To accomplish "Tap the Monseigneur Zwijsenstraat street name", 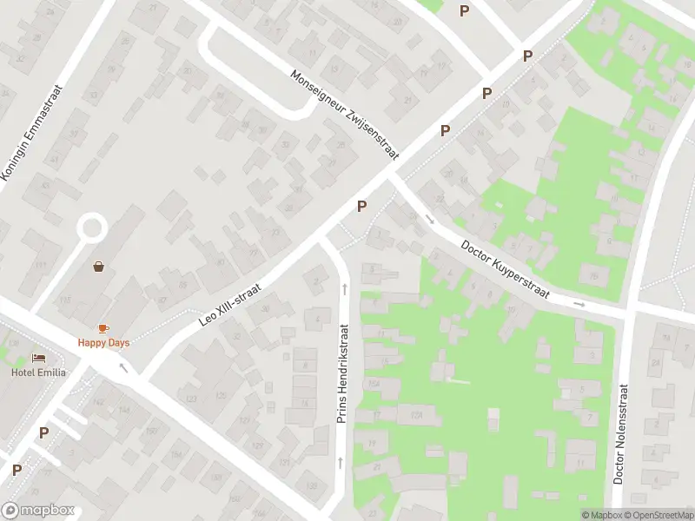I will pyautogui.click(x=346, y=115).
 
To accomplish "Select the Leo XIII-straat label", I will pyautogui.click(x=231, y=296).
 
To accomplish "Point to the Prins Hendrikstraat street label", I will pyautogui.click(x=342, y=374).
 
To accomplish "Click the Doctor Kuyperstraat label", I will pyautogui.click(x=506, y=270).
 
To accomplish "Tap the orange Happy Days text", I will pyautogui.click(x=103, y=342).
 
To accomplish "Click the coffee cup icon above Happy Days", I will pyautogui.click(x=103, y=327).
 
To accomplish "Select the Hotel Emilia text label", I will pyautogui.click(x=33, y=373).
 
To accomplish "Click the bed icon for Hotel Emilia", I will pyautogui.click(x=38, y=358).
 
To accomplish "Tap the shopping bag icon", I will pyautogui.click(x=99, y=267).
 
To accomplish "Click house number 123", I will pyautogui.click(x=192, y=399).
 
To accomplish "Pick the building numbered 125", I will pyautogui.click(x=221, y=396).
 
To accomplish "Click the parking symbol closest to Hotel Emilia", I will pyautogui.click(x=43, y=432).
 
